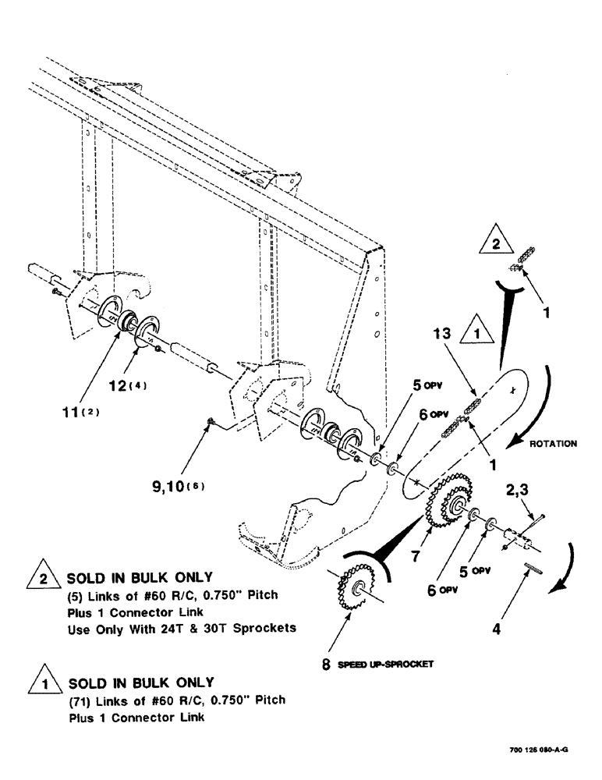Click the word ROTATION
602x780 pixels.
coord(553,443)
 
